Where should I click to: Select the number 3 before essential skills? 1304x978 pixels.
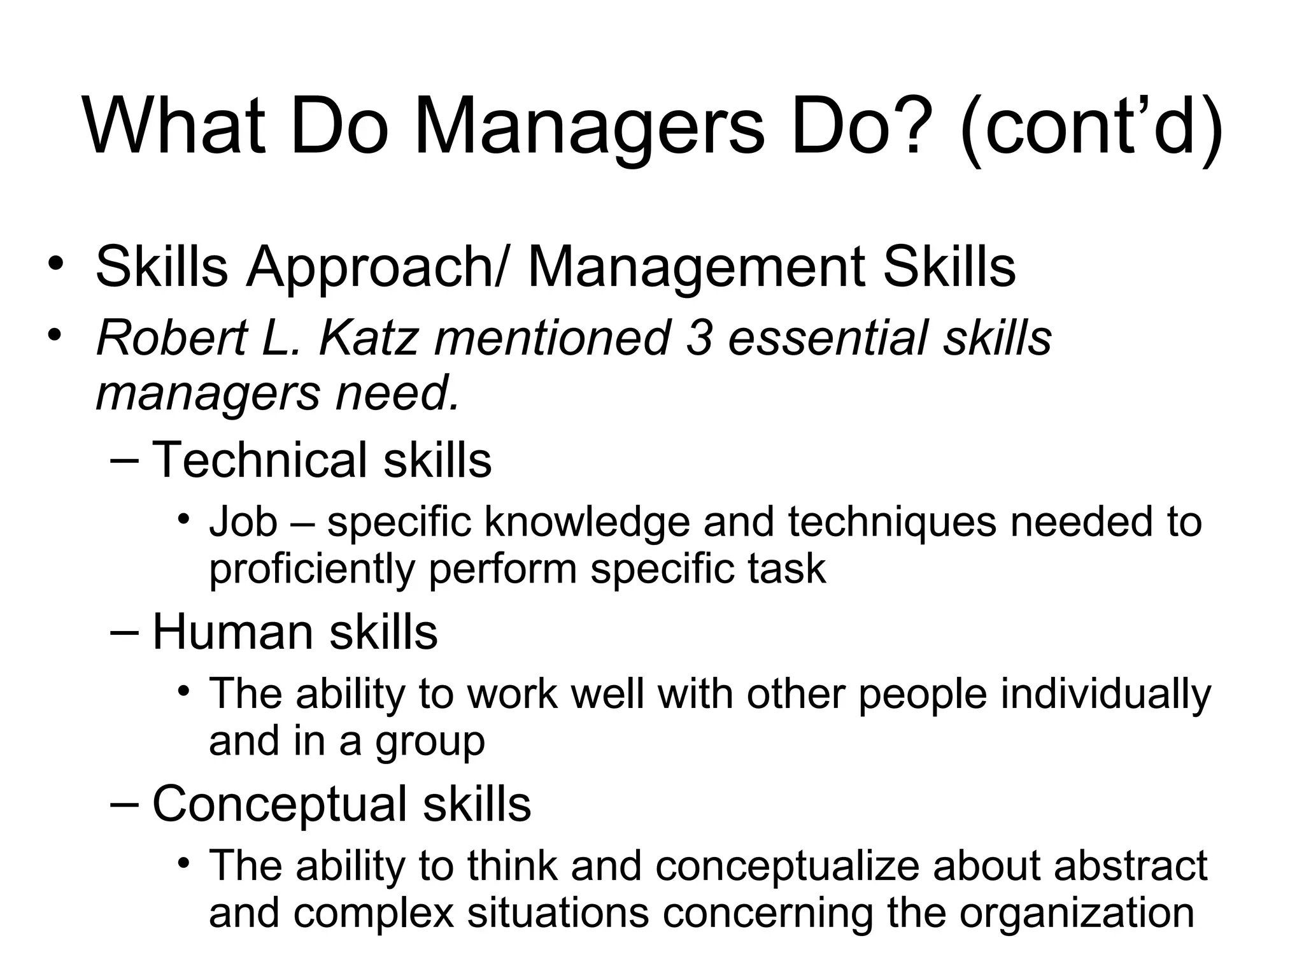coord(698,337)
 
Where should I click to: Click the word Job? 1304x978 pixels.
coord(243,522)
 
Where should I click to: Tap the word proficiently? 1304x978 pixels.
coord(312,569)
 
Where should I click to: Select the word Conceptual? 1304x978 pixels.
coord(280,804)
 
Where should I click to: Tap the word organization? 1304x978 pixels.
coord(1076,912)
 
